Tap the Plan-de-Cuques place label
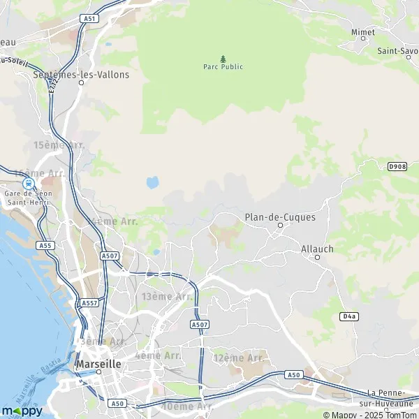(280, 217)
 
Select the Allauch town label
(318, 248)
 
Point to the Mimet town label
(362, 32)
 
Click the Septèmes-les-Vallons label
(81, 74)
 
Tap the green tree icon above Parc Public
(223, 59)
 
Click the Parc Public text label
(223, 68)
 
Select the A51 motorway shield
(89, 19)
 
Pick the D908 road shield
(397, 166)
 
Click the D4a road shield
(349, 316)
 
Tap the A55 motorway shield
(47, 245)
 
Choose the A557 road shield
(89, 303)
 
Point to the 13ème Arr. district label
(167, 297)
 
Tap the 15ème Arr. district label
(59, 145)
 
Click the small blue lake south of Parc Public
(152, 183)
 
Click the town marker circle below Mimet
(362, 38)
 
